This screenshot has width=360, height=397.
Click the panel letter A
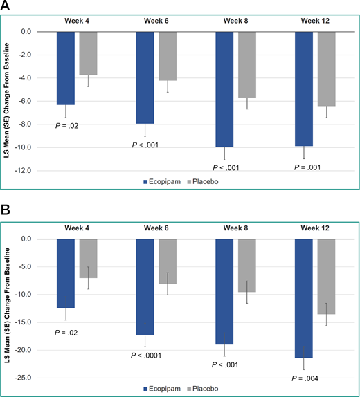(6, 7)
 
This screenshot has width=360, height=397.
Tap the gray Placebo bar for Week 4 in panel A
(89, 53)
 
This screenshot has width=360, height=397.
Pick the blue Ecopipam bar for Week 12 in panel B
(305, 298)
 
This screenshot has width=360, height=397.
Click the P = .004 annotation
(304, 378)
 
